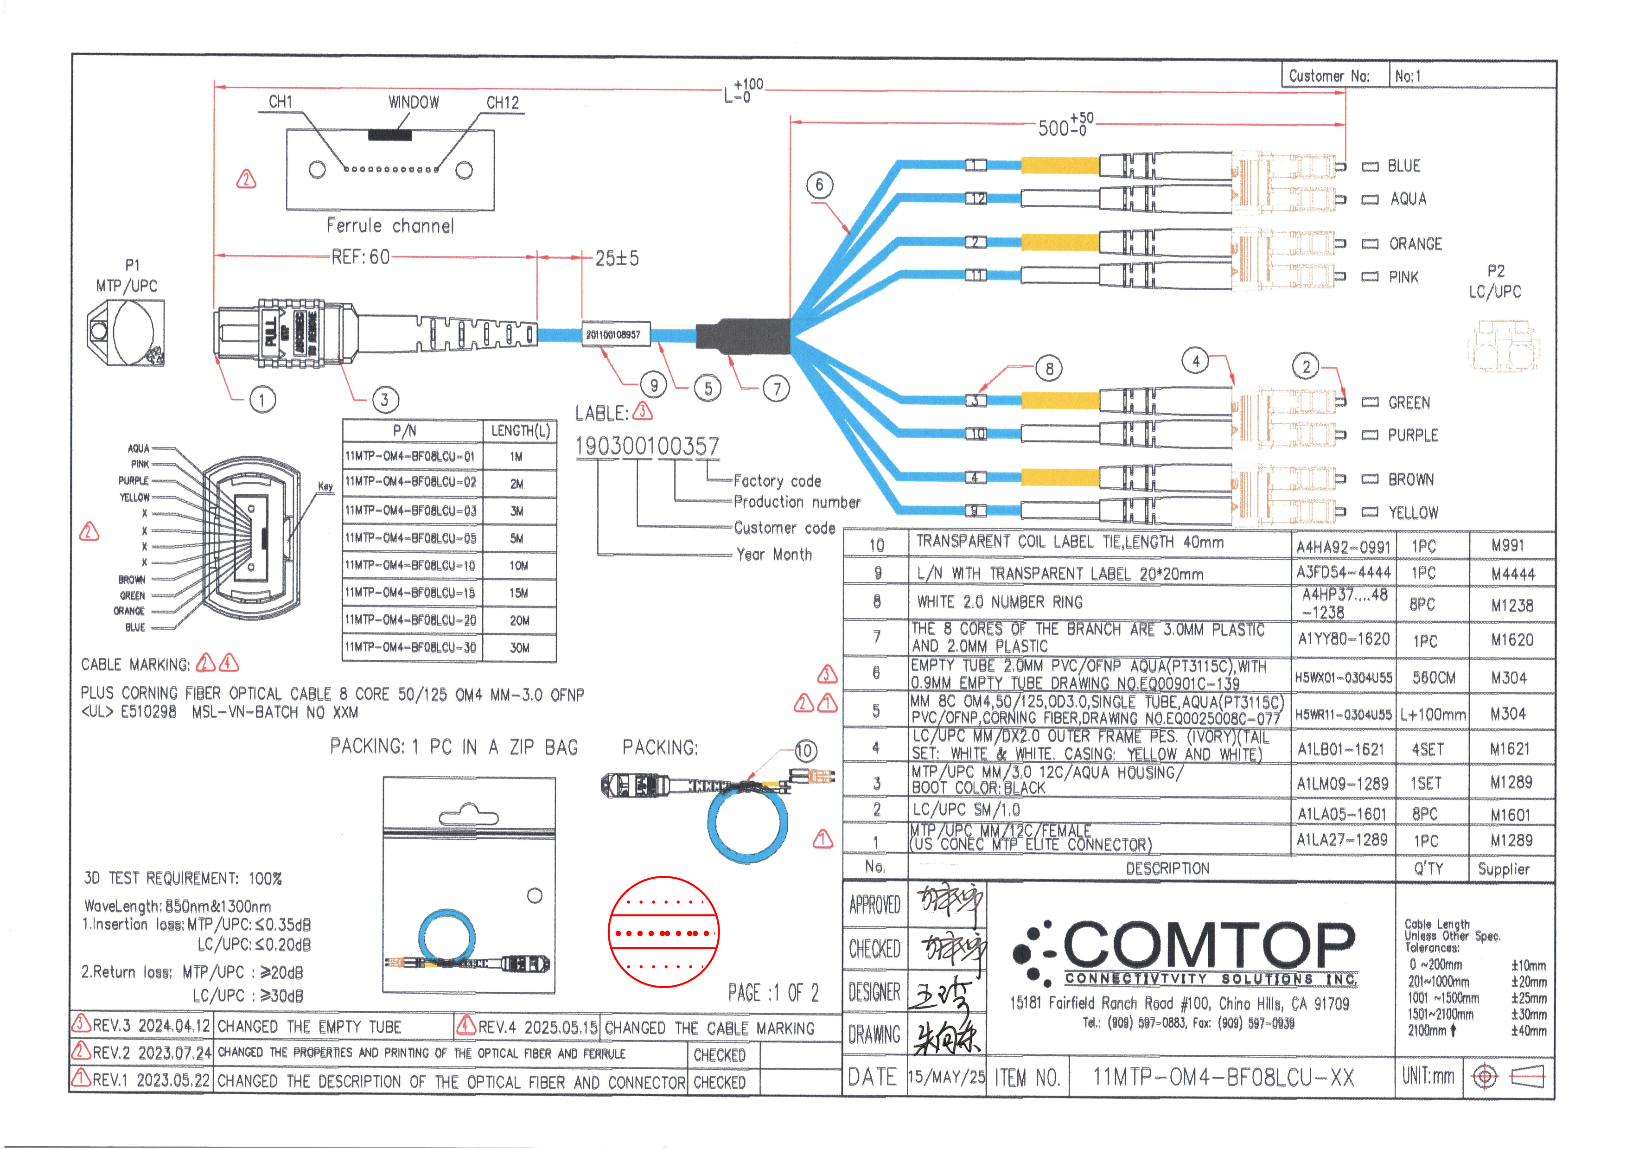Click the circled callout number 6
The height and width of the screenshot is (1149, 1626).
[819, 185]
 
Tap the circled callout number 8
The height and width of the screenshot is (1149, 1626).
[1049, 368]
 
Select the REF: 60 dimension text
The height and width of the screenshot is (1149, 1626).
[360, 257]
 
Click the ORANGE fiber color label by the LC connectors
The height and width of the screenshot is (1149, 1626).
[1414, 244]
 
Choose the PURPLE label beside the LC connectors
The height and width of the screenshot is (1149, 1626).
[1413, 435]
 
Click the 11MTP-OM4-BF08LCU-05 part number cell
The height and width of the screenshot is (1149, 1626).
[411, 538]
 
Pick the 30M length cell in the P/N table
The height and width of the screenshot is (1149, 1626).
[519, 647]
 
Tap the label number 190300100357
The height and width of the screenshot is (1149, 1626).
[647, 446]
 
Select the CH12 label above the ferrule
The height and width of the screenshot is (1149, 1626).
[502, 103]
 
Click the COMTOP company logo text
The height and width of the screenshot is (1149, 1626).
[1208, 945]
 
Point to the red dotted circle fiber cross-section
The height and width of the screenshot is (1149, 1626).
[663, 932]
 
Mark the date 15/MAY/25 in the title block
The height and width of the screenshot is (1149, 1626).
[946, 1077]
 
